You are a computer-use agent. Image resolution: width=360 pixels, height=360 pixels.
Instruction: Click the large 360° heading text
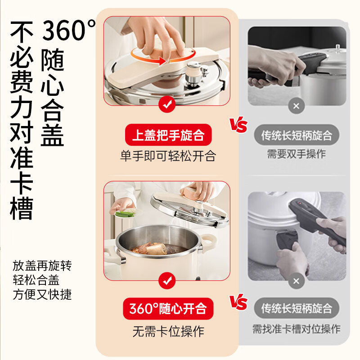click(68, 31)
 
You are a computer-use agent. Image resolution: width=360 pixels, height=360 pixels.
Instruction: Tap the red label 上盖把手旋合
click(168, 135)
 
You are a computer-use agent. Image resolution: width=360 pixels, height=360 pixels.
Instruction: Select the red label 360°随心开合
click(168, 308)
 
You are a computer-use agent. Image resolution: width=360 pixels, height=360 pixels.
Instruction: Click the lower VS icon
click(238, 301)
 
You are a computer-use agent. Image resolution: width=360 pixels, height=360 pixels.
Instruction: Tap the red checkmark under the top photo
click(167, 105)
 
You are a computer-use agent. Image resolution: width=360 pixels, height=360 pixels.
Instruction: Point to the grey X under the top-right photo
click(296, 107)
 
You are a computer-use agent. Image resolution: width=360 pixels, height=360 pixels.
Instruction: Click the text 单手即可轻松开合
click(168, 156)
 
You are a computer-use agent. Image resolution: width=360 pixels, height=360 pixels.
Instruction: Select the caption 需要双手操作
click(296, 154)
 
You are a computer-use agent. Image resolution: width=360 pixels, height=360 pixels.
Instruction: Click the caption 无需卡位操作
click(168, 332)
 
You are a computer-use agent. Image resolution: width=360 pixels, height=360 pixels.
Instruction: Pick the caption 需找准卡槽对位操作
click(296, 329)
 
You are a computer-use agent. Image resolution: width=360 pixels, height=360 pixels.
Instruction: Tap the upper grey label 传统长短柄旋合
click(296, 135)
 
